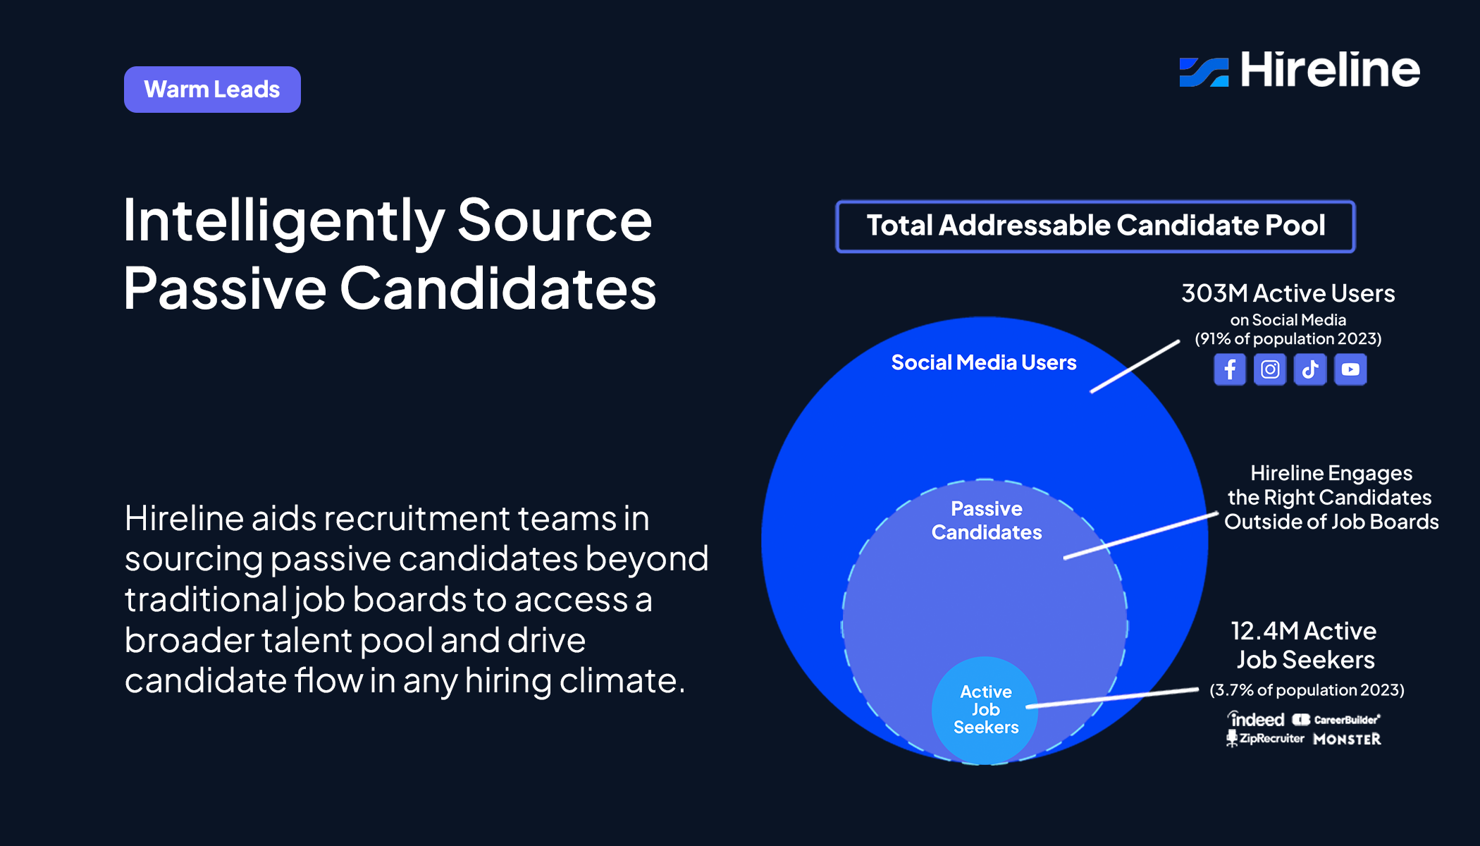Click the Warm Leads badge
(x=212, y=90)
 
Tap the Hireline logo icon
(x=1204, y=72)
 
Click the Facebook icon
(x=1230, y=369)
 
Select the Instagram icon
(x=1270, y=369)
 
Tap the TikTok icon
(x=1310, y=369)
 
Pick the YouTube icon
(x=1350, y=369)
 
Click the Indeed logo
(x=1257, y=719)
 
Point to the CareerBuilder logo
(x=1336, y=720)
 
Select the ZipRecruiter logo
(x=1266, y=739)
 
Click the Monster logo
(x=1347, y=740)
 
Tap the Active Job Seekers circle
(x=985, y=709)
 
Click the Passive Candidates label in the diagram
(x=986, y=520)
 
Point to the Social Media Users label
(x=984, y=362)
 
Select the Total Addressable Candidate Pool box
(x=1095, y=226)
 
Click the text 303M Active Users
(x=1288, y=293)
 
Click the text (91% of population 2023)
(x=1288, y=339)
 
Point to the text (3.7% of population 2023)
(x=1307, y=690)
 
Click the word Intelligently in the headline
(x=283, y=221)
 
